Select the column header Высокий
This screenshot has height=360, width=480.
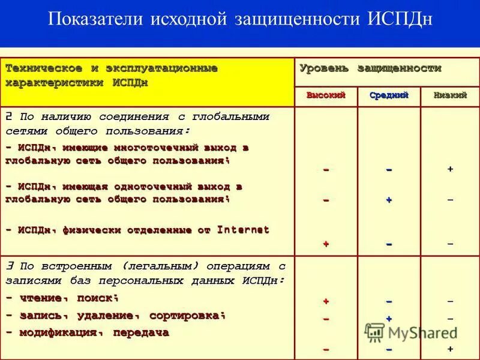coord(326,95)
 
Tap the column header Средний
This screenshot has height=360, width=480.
coord(389,95)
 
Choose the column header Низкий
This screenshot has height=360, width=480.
coord(450,95)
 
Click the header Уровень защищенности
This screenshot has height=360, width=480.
coord(370,68)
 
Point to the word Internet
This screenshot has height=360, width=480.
coord(243,229)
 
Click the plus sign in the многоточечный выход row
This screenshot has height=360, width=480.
coord(450,170)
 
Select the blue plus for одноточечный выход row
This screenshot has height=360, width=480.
coord(389,200)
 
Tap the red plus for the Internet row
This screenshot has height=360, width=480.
coord(326,244)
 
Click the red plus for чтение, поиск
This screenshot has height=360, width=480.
coord(326,301)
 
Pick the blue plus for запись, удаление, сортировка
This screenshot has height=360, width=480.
coord(389,319)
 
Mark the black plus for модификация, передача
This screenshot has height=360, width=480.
coord(450,349)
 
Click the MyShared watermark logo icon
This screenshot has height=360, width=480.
coord(375,332)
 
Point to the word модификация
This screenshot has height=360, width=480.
coord(55,332)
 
